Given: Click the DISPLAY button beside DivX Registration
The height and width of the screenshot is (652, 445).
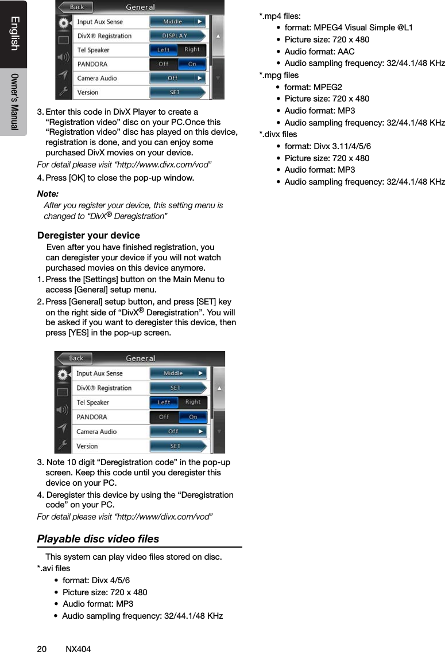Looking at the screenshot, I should click(x=176, y=36).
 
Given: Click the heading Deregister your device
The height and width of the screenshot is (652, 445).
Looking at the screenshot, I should click(x=88, y=236).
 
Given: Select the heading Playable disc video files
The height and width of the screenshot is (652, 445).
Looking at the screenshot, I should click(x=98, y=539).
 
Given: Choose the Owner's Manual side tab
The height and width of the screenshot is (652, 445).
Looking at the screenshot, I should click(x=14, y=102).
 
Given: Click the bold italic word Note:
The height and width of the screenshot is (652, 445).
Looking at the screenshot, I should click(x=48, y=194).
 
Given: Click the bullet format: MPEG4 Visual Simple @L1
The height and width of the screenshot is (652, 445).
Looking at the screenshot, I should click(x=348, y=28).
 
